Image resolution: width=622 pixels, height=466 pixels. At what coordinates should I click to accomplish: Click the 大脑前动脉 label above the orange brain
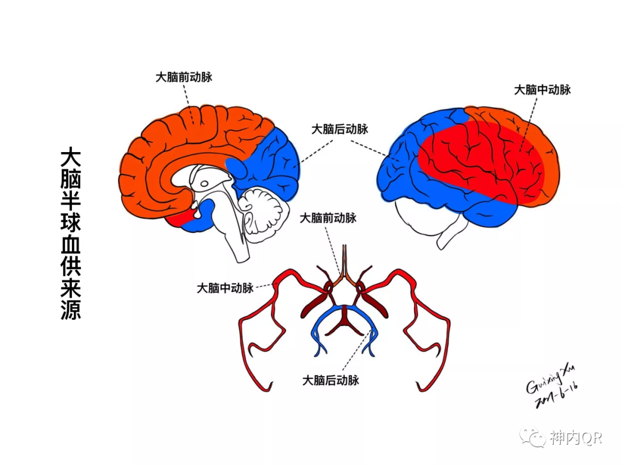[x=184, y=77]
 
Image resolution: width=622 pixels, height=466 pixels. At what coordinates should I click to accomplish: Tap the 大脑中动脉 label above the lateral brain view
[x=543, y=90]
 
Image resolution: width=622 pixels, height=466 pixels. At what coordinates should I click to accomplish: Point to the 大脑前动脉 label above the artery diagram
[x=328, y=218]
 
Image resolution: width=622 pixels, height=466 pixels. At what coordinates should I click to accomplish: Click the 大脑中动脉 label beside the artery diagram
[x=225, y=288]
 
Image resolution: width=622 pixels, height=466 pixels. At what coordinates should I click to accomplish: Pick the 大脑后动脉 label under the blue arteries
[x=331, y=380]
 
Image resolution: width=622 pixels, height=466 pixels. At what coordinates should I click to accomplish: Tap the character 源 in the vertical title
[x=71, y=309]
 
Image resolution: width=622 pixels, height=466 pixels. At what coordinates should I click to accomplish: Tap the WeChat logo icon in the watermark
[x=533, y=437]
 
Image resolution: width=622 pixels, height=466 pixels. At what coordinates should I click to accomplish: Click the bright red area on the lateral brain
[x=478, y=161]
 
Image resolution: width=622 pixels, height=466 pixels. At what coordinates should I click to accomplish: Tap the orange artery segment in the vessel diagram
[x=344, y=275]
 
